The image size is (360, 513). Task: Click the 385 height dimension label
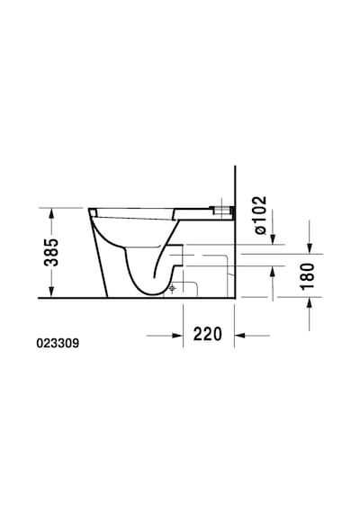(x=51, y=252)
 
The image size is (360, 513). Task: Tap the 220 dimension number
(x=208, y=334)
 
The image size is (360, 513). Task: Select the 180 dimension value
(x=308, y=276)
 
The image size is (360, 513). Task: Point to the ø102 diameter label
(x=261, y=215)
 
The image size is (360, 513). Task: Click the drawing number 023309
(x=58, y=343)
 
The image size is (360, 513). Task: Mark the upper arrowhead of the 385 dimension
(x=51, y=214)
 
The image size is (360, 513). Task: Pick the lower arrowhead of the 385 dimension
(x=51, y=292)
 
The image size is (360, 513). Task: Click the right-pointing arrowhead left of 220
(x=176, y=336)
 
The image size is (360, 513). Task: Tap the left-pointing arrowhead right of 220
(x=240, y=336)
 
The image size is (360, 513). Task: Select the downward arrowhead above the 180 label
(x=310, y=247)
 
